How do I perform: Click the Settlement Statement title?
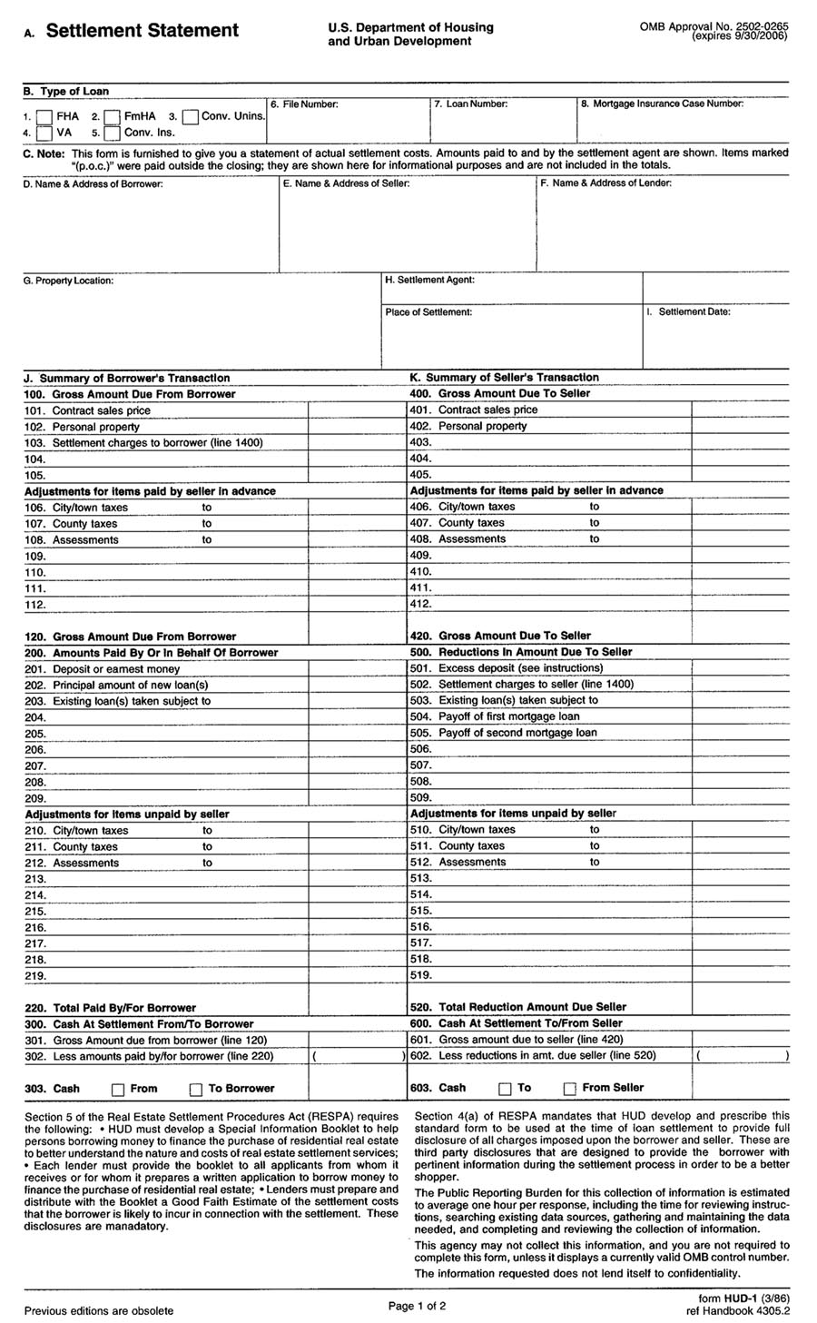142,31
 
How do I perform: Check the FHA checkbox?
44,117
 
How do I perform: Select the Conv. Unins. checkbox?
191,117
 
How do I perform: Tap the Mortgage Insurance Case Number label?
662,104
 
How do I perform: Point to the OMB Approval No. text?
713,28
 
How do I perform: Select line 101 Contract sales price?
101,410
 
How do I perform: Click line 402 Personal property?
482,426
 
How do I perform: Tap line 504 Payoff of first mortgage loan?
508,716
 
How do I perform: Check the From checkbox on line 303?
118,1090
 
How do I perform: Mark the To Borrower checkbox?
196,1090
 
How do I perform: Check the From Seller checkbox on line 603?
570,1089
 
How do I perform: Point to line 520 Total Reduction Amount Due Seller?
532,1007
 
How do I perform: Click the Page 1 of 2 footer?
417,1307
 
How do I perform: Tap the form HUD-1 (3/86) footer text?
743,1299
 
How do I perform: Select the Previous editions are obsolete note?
99,1310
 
